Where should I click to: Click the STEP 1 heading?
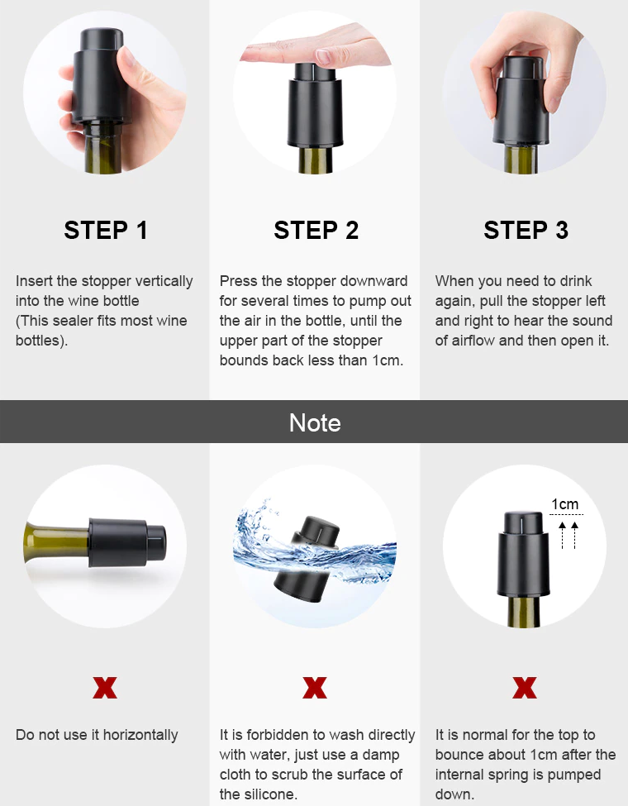[106, 231]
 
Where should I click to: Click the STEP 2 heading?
[316, 231]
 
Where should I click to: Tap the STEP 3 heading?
[526, 231]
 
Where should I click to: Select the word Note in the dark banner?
[315, 423]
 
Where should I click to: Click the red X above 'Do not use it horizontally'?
[105, 687]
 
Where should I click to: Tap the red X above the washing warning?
[315, 687]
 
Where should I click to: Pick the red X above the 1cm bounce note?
[525, 687]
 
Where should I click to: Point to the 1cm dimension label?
[565, 504]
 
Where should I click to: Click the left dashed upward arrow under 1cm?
[563, 535]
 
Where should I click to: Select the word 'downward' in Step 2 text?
[377, 281]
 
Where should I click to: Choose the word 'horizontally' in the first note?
[138, 735]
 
